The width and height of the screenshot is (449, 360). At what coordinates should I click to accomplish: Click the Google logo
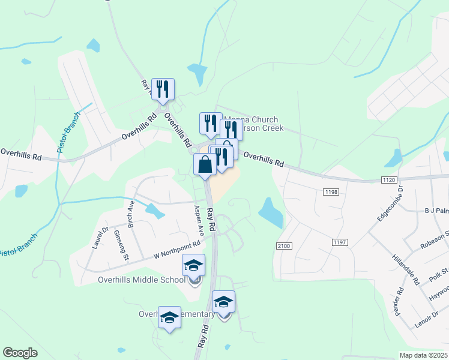click(x=20, y=353)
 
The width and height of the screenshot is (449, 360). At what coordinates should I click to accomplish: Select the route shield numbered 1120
click(x=388, y=179)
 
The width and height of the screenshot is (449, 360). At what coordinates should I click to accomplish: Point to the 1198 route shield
click(x=330, y=191)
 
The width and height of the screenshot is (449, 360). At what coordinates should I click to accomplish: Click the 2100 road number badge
click(x=284, y=246)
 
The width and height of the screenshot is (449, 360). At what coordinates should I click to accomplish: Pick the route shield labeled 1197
click(x=339, y=241)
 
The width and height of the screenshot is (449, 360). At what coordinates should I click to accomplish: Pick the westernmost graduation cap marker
click(x=169, y=317)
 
